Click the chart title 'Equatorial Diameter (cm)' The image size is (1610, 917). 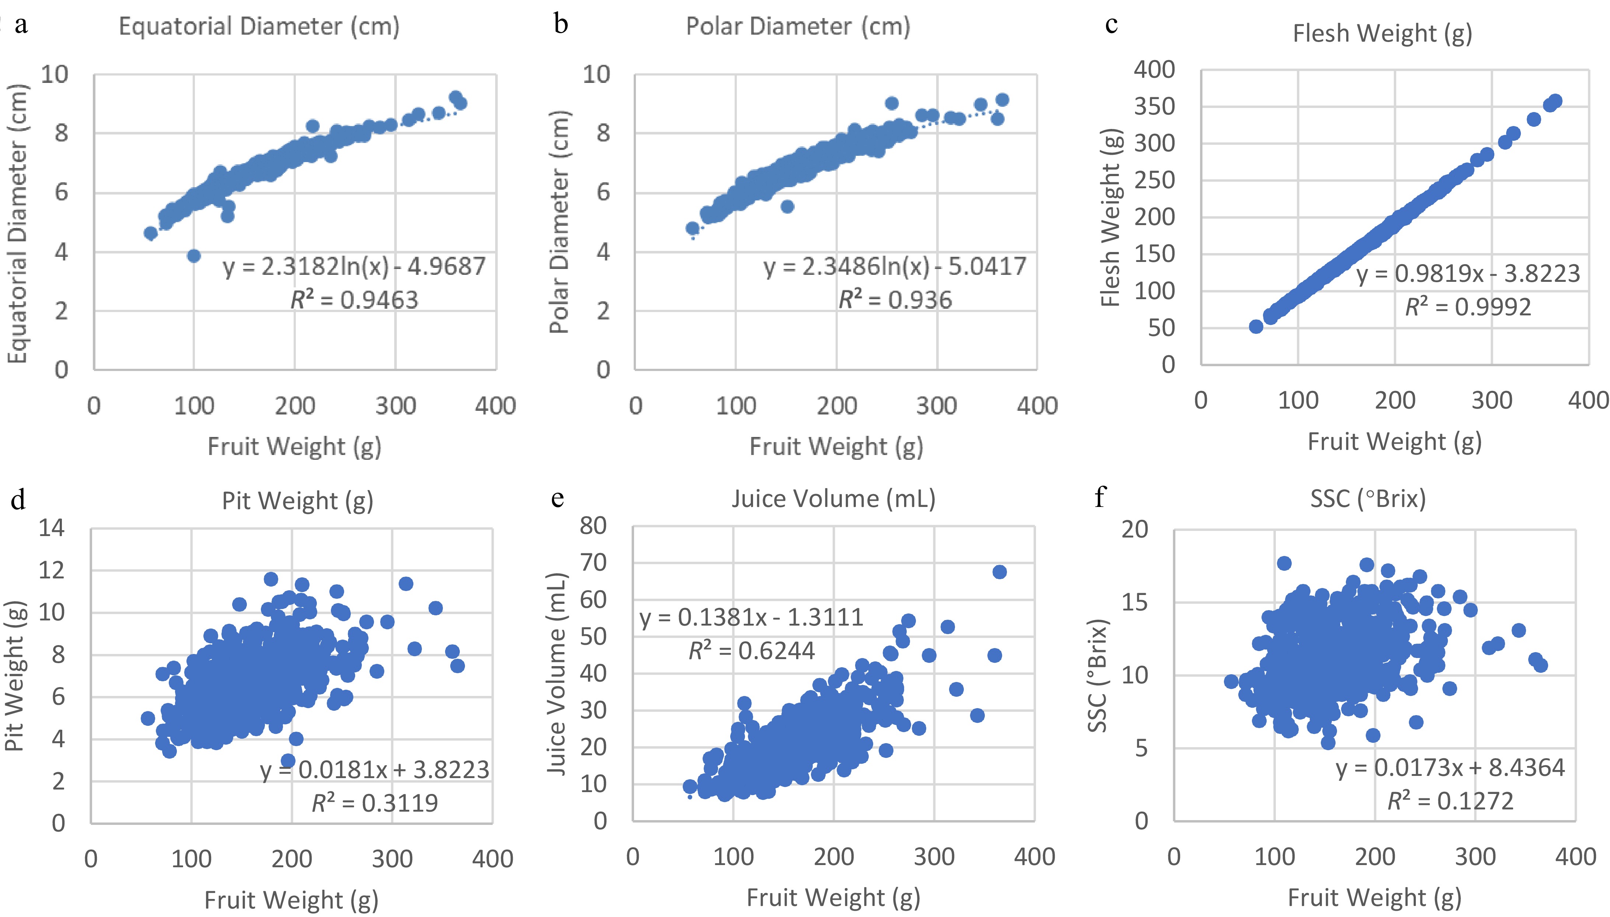[259, 27]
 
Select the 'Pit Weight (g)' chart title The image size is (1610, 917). [297, 501]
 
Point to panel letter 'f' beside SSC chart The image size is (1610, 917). [1099, 497]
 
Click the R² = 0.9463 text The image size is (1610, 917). [354, 300]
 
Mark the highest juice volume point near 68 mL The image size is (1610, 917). [999, 572]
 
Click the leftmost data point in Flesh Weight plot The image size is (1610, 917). [1256, 326]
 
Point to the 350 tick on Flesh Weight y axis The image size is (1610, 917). [1154, 106]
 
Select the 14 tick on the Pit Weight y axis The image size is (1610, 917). [52, 528]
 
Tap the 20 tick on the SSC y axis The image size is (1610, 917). [1135, 530]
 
